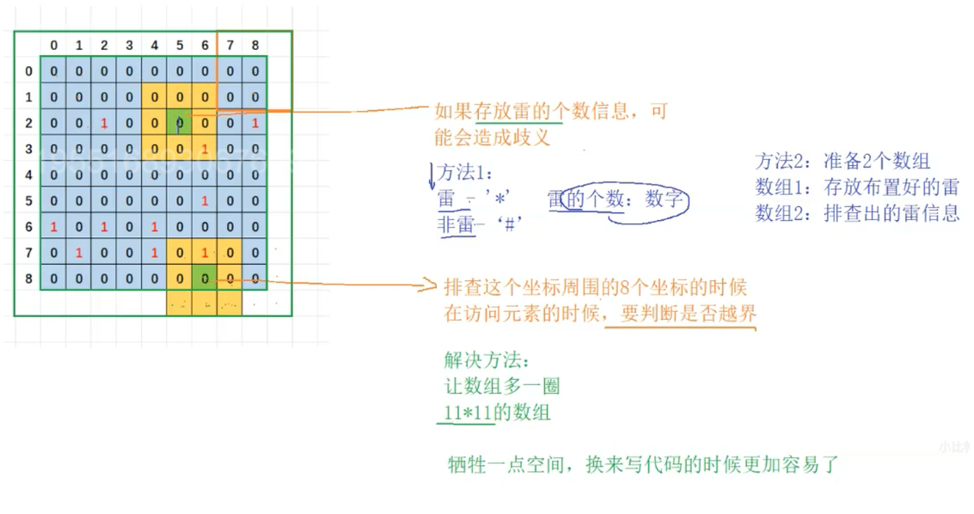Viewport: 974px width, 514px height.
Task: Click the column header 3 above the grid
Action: click(129, 45)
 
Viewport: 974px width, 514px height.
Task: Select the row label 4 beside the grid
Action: click(28, 175)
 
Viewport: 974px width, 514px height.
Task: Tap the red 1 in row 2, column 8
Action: click(255, 124)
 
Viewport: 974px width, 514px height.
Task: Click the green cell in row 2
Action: click(180, 124)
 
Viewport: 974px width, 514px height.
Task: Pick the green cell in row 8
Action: click(205, 278)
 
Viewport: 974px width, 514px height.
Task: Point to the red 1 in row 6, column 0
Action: click(53, 227)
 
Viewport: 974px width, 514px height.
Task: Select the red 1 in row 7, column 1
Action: click(78, 253)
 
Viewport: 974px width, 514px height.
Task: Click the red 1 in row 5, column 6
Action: click(205, 201)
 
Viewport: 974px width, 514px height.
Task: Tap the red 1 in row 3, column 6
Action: click(205, 150)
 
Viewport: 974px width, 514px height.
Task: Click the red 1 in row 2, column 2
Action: click(104, 124)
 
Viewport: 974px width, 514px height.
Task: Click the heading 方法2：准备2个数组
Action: click(842, 161)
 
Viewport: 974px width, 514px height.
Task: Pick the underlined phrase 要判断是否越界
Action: click(681, 314)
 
